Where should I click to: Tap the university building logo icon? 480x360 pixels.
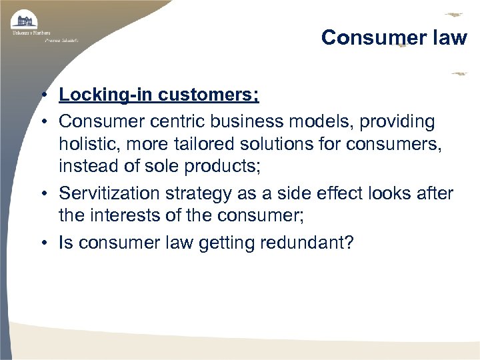coord(24,20)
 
